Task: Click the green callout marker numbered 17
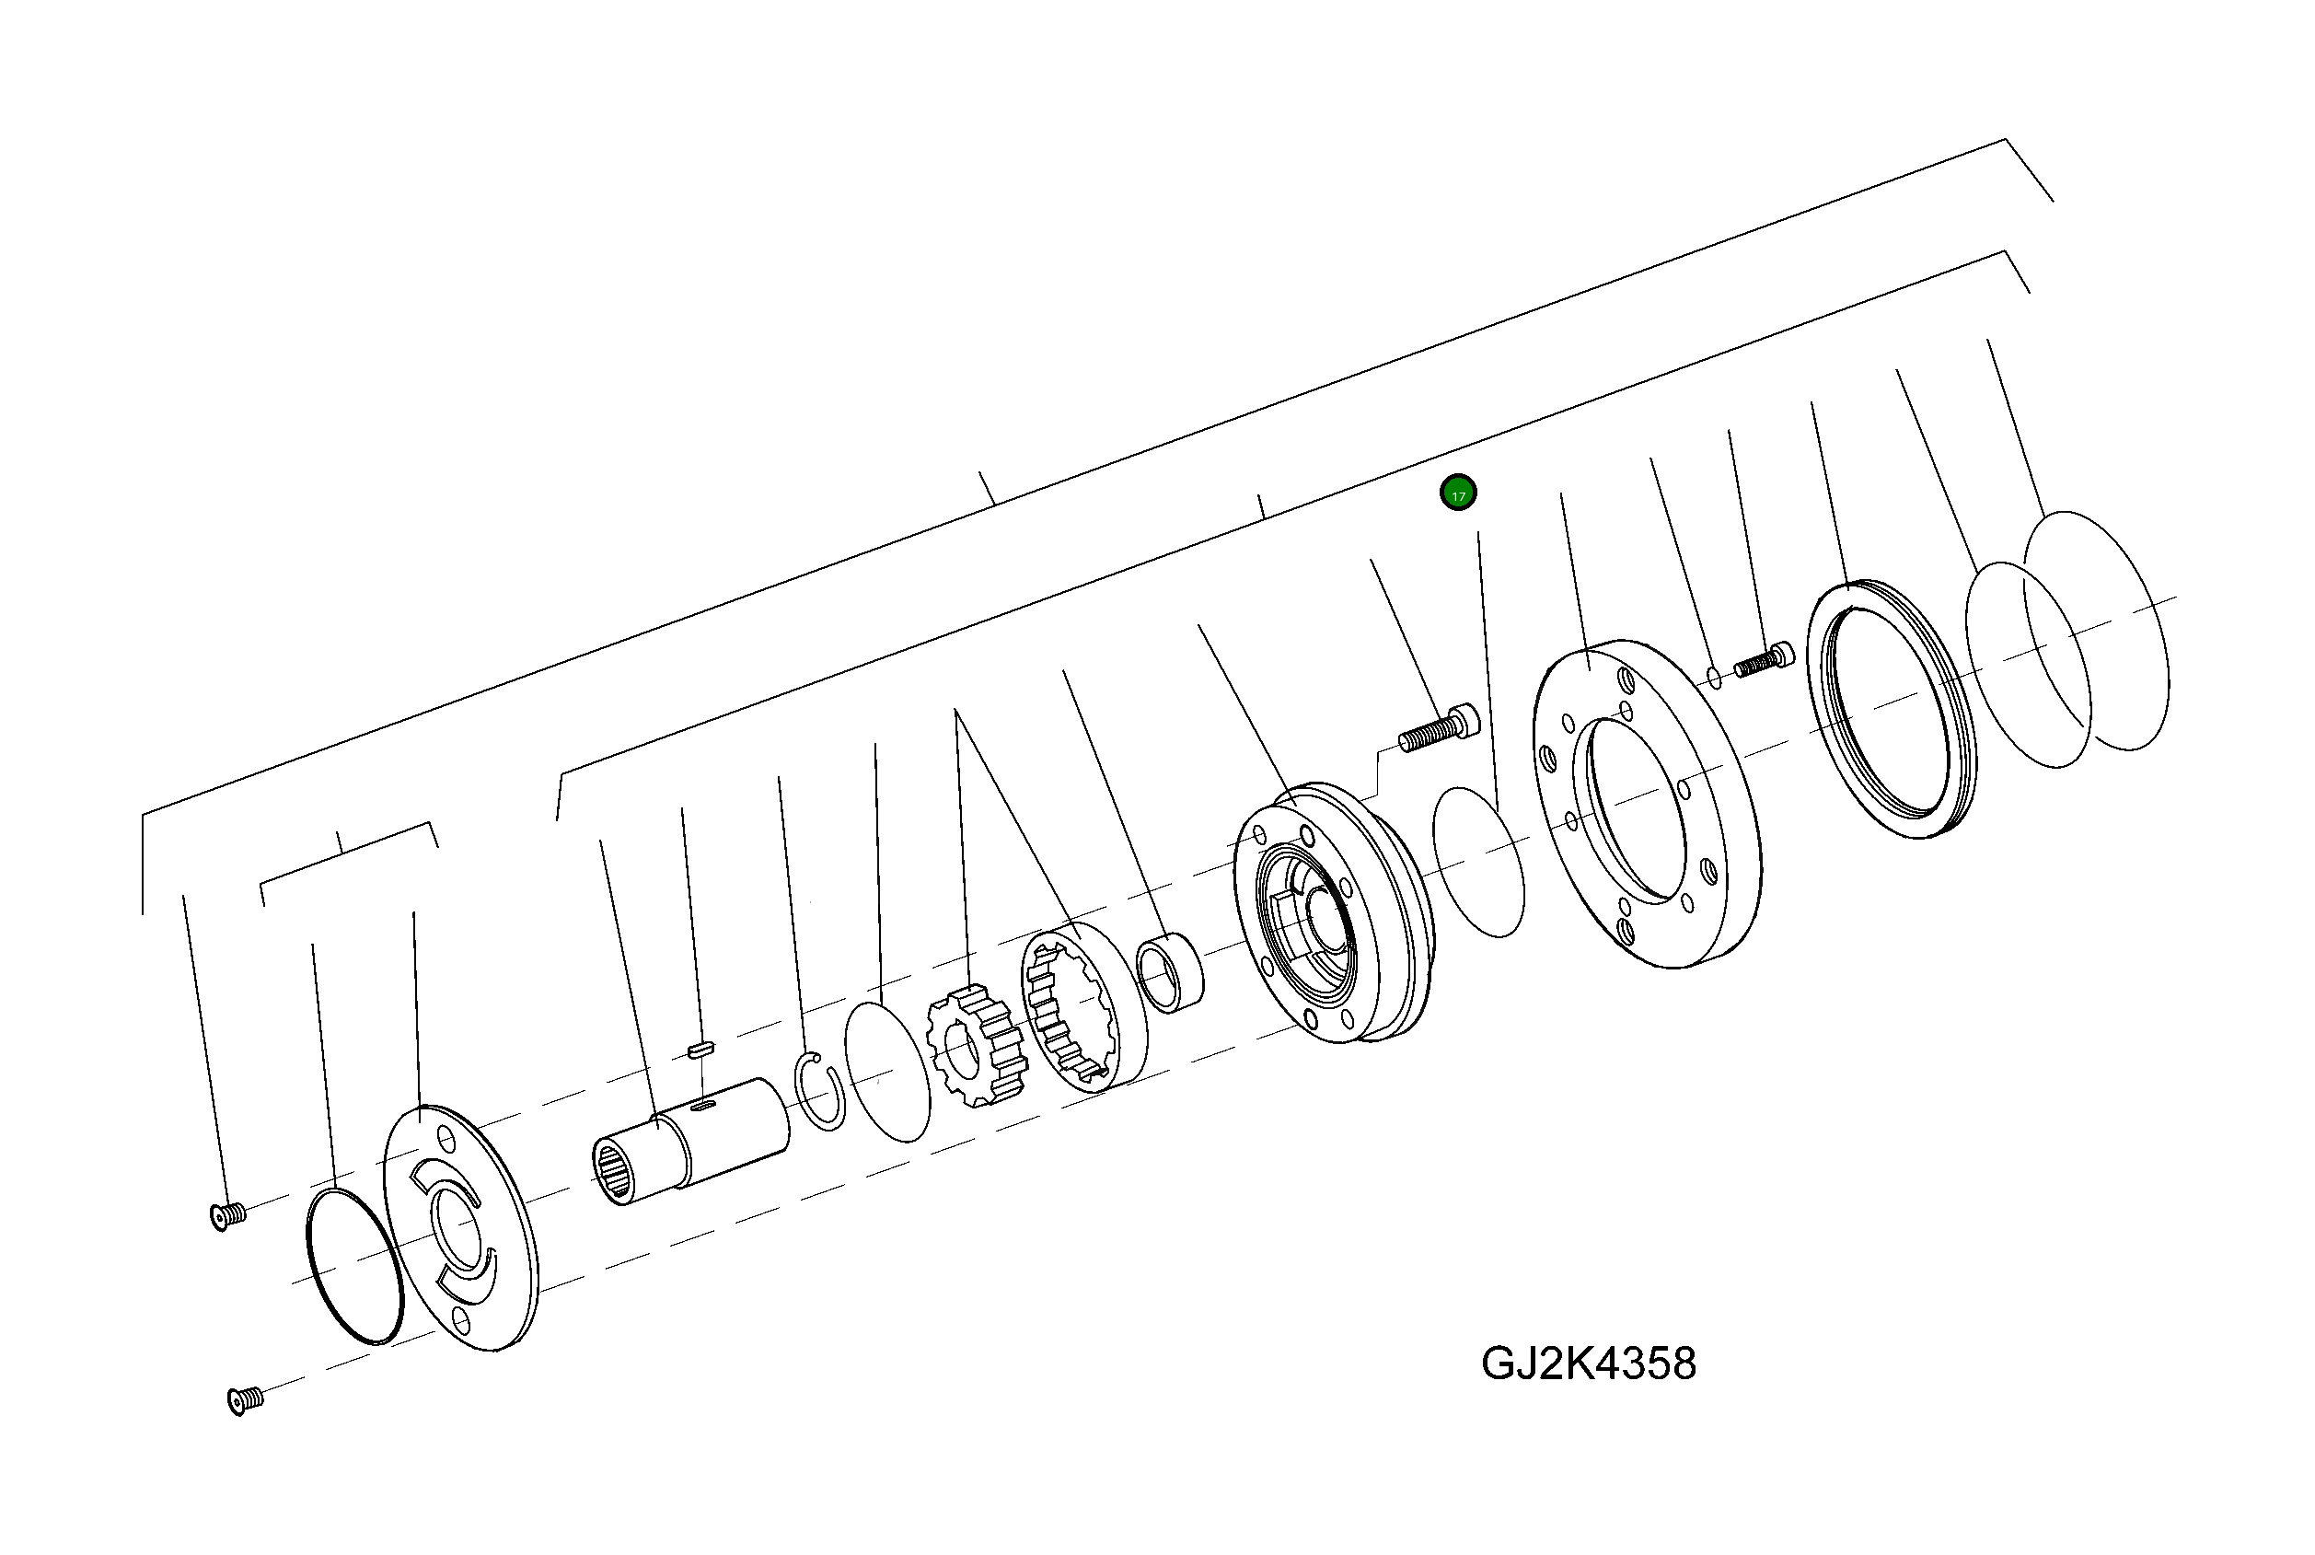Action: point(1457,493)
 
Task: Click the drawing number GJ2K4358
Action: point(1588,1364)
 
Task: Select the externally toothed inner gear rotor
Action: point(976,1046)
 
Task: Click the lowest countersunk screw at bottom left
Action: point(245,1400)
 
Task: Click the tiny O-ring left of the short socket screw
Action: point(1714,679)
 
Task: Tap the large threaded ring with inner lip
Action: point(1889,708)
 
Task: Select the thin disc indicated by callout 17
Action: point(1478,861)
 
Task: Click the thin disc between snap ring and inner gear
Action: point(886,1071)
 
